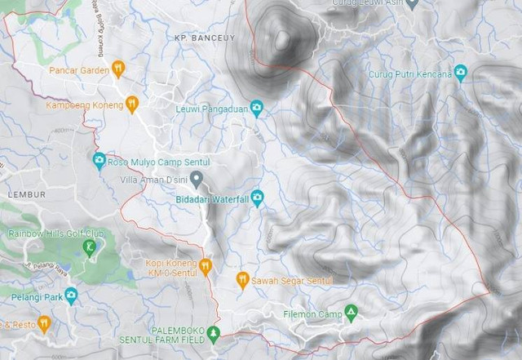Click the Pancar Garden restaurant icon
pyautogui.click(x=118, y=69)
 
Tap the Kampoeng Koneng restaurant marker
pyautogui.click(x=132, y=104)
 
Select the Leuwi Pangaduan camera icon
pyautogui.click(x=256, y=107)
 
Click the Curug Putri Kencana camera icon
pyautogui.click(x=460, y=73)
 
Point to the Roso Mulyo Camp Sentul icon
pyautogui.click(x=99, y=159)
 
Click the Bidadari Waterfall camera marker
pyautogui.click(x=257, y=197)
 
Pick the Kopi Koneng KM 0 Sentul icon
pyautogui.click(x=206, y=266)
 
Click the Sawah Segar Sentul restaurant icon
pyautogui.click(x=242, y=280)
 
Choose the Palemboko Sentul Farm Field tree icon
pyautogui.click(x=213, y=332)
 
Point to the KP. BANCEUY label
pyautogui.click(x=198, y=38)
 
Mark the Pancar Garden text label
pyautogui.click(x=79, y=69)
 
